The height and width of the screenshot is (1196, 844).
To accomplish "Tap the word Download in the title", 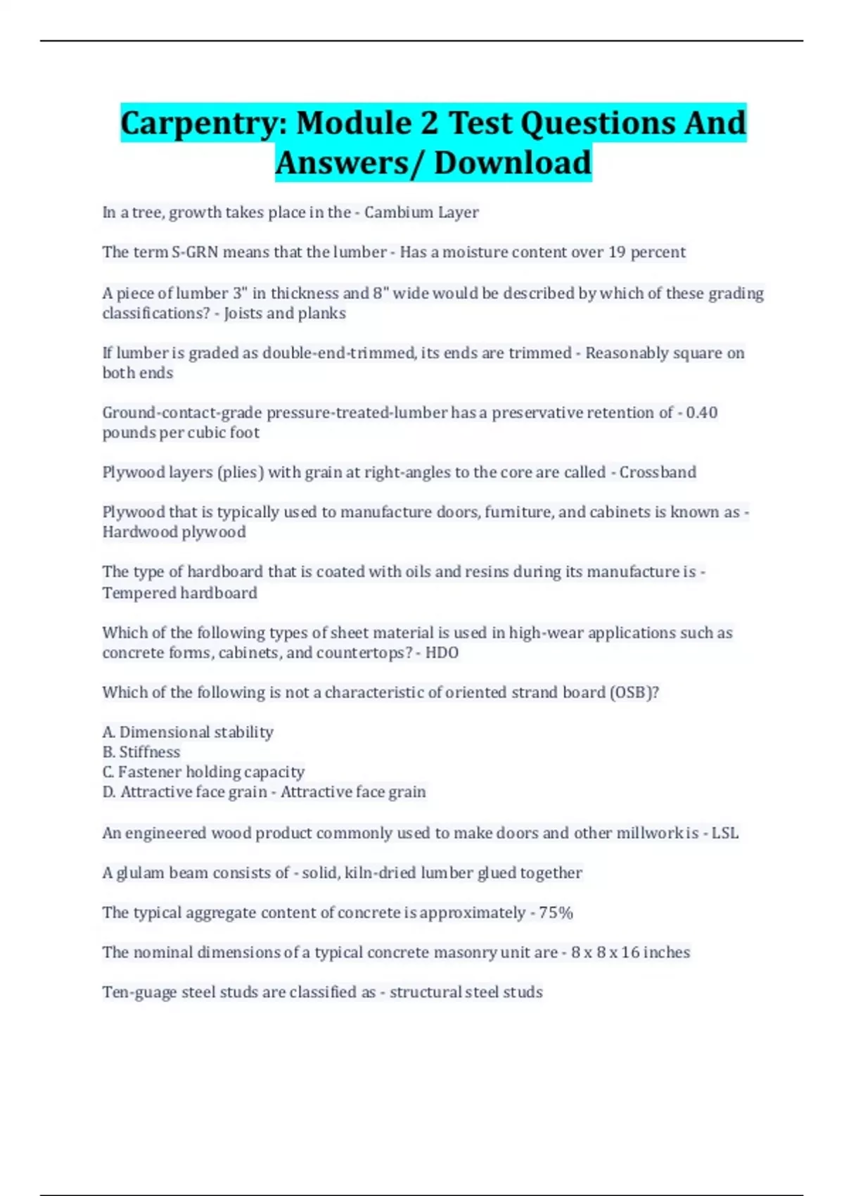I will [513, 163].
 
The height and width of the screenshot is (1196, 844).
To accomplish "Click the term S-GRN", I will [195, 253].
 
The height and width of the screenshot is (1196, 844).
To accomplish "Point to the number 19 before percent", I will [617, 253].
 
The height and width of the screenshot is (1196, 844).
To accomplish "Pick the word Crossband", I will [658, 472].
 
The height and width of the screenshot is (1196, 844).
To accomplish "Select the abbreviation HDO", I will [442, 653].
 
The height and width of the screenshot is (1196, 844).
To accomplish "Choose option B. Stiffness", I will [141, 752].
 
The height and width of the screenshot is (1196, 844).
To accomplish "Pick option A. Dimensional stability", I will [188, 732].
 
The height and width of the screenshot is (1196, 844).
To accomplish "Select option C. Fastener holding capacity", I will [203, 772].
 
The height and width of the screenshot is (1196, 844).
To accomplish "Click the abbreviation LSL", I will [724, 833].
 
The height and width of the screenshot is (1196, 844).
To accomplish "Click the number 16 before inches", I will [630, 953].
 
